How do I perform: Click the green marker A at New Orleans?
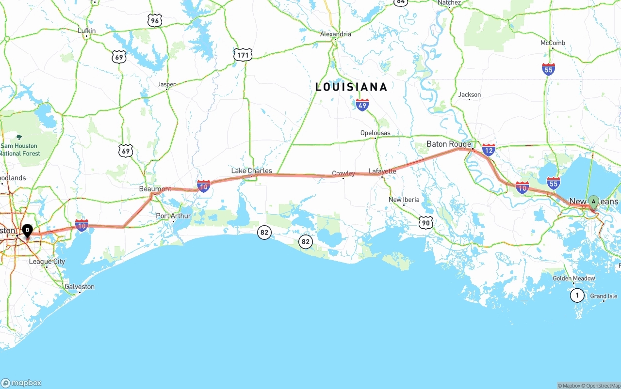593,202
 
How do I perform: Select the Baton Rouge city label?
449,144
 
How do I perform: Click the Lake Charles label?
251,171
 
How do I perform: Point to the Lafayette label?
382,171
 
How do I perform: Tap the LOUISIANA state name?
351,87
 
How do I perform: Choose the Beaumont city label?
155,189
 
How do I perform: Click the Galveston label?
80,287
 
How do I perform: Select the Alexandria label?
335,34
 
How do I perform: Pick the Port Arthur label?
173,216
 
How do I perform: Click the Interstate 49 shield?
362,105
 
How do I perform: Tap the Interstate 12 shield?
489,150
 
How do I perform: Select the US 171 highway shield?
243,55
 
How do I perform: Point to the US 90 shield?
425,222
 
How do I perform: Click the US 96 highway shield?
154,20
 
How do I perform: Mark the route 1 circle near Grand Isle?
577,295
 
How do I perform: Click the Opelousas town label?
375,133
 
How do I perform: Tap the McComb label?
553,43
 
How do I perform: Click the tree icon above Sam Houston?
19,138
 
